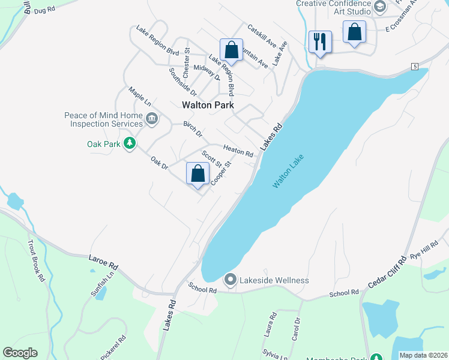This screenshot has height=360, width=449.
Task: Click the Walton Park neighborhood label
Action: pyautogui.click(x=208, y=104)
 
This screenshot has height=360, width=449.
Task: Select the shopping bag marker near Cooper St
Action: pyautogui.click(x=198, y=174)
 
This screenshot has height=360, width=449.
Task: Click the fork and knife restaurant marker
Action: pyautogui.click(x=319, y=42)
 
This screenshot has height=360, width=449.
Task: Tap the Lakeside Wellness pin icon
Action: pyautogui.click(x=230, y=280)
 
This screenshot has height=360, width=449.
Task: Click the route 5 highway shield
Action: pyautogui.click(x=415, y=66)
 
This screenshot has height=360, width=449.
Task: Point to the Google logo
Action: pyautogui.click(x=20, y=353)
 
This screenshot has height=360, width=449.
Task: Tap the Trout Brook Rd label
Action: pyautogui.click(x=36, y=261)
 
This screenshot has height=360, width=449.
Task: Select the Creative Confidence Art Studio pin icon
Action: pyautogui.click(x=379, y=7)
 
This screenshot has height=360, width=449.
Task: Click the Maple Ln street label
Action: pyautogui.click(x=139, y=96)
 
